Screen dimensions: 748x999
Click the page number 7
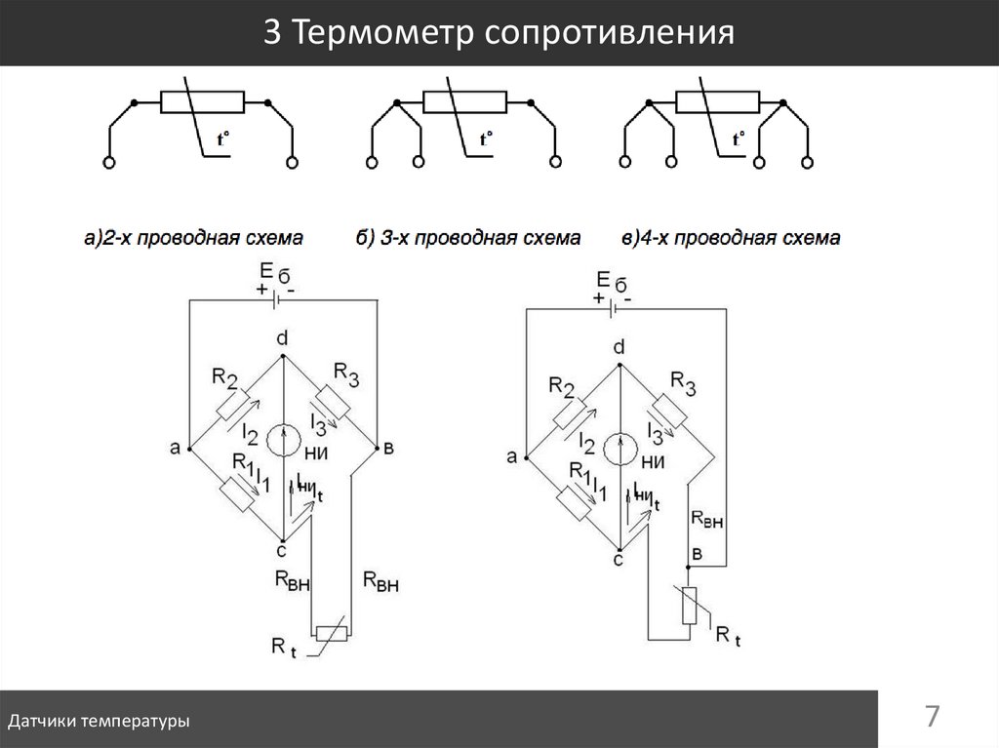pyautogui.click(x=933, y=718)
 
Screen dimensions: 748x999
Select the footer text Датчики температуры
pyautogui.click(x=99, y=722)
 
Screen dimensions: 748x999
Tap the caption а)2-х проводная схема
pyautogui.click(x=193, y=237)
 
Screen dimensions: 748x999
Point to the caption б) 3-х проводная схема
pyautogui.click(x=469, y=237)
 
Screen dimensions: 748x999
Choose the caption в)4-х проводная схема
pyautogui.click(x=731, y=237)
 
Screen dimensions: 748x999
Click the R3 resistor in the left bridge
pyautogui.click(x=334, y=400)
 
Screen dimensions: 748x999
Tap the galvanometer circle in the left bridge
pyautogui.click(x=283, y=440)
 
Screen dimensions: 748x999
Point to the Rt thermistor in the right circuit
pyautogui.click(x=690, y=605)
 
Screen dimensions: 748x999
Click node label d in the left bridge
pyautogui.click(x=282, y=337)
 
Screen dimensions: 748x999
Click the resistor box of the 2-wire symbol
pyautogui.click(x=202, y=101)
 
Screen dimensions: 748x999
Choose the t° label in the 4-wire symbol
pyautogui.click(x=739, y=138)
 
